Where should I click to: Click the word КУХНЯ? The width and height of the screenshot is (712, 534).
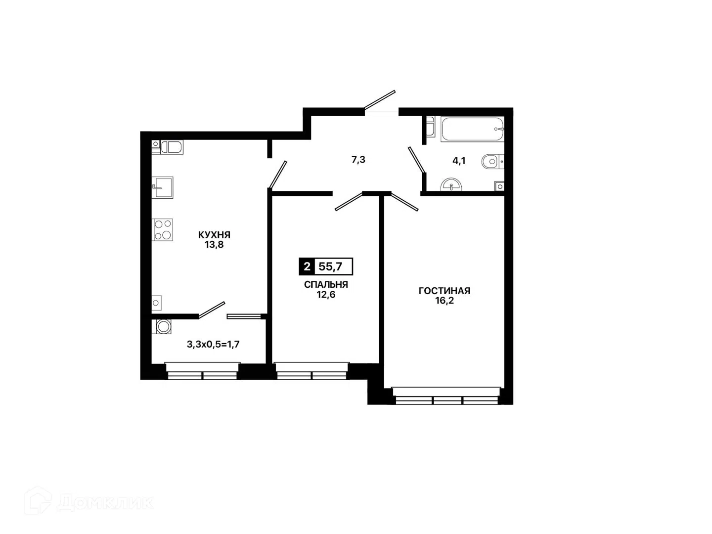click(x=214, y=234)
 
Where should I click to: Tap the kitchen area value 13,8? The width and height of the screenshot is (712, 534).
click(x=214, y=244)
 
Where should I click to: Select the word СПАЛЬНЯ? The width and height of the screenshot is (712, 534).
click(x=326, y=285)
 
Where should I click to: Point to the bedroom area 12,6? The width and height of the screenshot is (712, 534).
click(x=326, y=294)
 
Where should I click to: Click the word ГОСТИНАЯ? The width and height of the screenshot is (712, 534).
click(x=445, y=291)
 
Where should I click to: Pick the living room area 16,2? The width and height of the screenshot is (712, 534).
click(x=445, y=301)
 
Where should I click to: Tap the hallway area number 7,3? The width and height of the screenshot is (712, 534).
click(x=358, y=160)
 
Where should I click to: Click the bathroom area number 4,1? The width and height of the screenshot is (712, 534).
click(x=459, y=161)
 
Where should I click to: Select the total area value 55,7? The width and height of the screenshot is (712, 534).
click(x=330, y=267)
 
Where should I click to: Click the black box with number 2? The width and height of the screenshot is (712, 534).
click(x=307, y=267)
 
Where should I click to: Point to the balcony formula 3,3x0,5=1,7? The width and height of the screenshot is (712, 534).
click(x=213, y=344)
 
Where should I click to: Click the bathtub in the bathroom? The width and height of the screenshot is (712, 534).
click(x=472, y=129)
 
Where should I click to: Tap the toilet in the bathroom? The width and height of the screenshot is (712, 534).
click(x=492, y=161)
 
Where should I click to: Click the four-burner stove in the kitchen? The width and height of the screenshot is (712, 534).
click(x=162, y=230)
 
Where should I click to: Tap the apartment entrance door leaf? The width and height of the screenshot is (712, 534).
click(x=380, y=100)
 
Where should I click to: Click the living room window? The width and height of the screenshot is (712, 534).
click(x=446, y=396)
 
